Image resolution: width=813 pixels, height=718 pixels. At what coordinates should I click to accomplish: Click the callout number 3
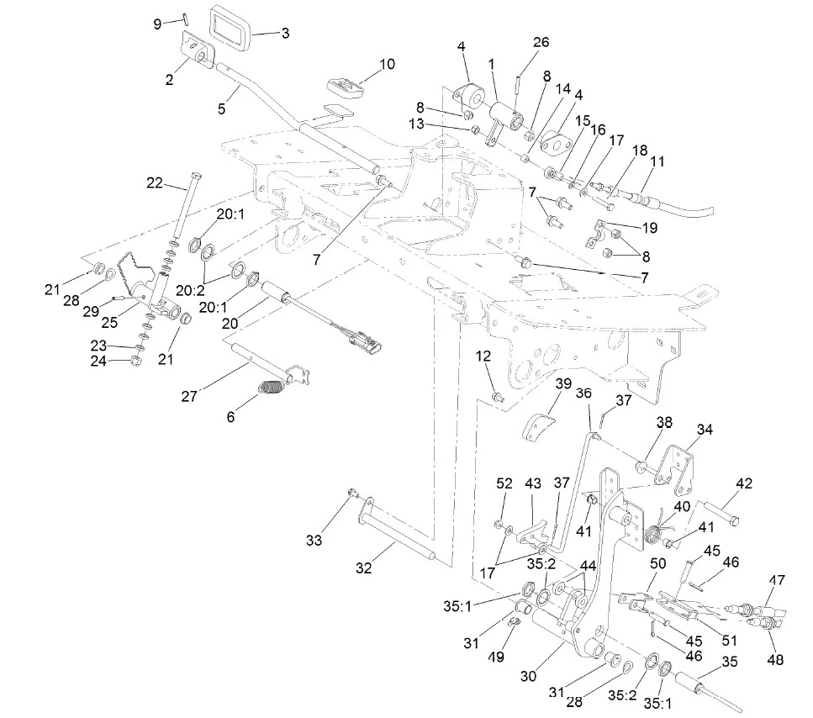(285, 34)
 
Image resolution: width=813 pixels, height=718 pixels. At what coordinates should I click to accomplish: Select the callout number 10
(386, 64)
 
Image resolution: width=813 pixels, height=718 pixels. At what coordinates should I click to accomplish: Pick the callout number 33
(314, 541)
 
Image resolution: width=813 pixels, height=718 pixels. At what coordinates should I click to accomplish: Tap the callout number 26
(541, 42)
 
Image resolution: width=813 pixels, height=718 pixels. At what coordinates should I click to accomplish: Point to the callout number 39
(562, 384)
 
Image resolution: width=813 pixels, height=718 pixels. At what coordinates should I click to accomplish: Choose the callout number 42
(743, 483)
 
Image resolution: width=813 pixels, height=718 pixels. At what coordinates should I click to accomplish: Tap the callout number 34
(705, 430)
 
